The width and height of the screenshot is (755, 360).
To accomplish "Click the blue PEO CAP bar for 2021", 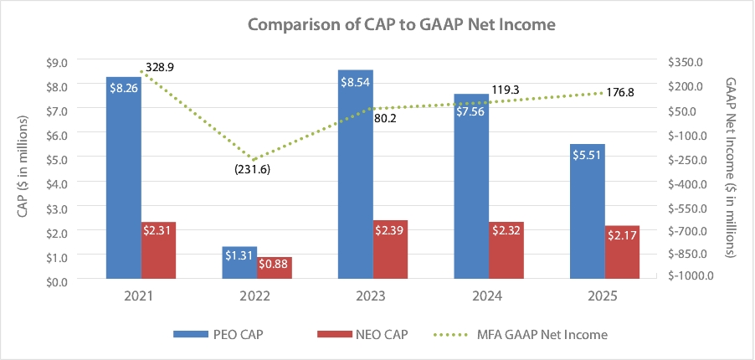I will click(x=123, y=177).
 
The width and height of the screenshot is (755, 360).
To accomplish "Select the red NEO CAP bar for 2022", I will click(x=275, y=267).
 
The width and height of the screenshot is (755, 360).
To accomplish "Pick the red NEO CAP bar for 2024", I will click(x=506, y=249).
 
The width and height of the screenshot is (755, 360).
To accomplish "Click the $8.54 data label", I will click(x=355, y=82).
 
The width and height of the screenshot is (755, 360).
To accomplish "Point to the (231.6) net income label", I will click(x=252, y=169).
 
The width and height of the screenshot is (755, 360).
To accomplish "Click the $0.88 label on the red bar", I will click(x=275, y=265).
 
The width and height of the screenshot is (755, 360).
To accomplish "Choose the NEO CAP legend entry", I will click(x=361, y=334).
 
